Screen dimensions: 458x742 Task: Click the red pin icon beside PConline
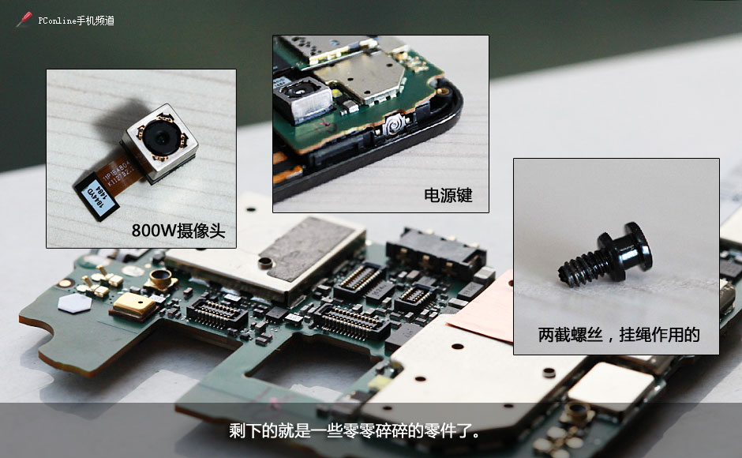pyautogui.click(x=24, y=20)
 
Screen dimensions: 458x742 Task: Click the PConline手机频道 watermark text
pyautogui.click(x=76, y=21)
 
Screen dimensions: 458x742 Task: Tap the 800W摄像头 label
pyautogui.click(x=178, y=231)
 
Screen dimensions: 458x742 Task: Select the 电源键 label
pyautogui.click(x=448, y=195)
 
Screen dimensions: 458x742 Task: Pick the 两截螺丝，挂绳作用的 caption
pyautogui.click(x=618, y=334)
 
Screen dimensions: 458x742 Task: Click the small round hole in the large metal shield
pyautogui.click(x=266, y=262)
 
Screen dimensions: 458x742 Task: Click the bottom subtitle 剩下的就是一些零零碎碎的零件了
pyautogui.click(x=354, y=432)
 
